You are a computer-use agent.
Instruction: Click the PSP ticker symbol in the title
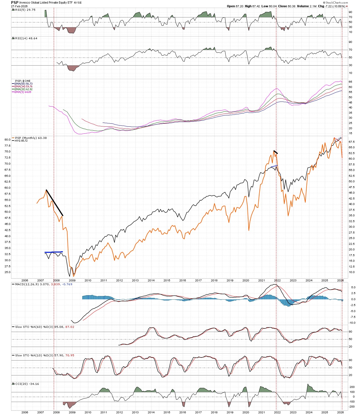15,2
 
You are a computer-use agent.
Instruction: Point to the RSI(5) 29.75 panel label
21,10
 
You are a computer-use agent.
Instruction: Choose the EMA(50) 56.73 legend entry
24,84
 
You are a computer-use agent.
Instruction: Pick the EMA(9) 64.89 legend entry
23,92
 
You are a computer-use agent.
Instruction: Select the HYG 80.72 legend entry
21,141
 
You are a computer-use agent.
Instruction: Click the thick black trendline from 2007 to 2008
55,203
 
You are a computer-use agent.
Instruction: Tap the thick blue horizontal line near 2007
54,252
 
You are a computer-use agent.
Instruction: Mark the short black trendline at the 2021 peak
276,152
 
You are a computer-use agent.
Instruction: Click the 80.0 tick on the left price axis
7,140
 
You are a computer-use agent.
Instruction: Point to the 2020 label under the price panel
246,280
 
